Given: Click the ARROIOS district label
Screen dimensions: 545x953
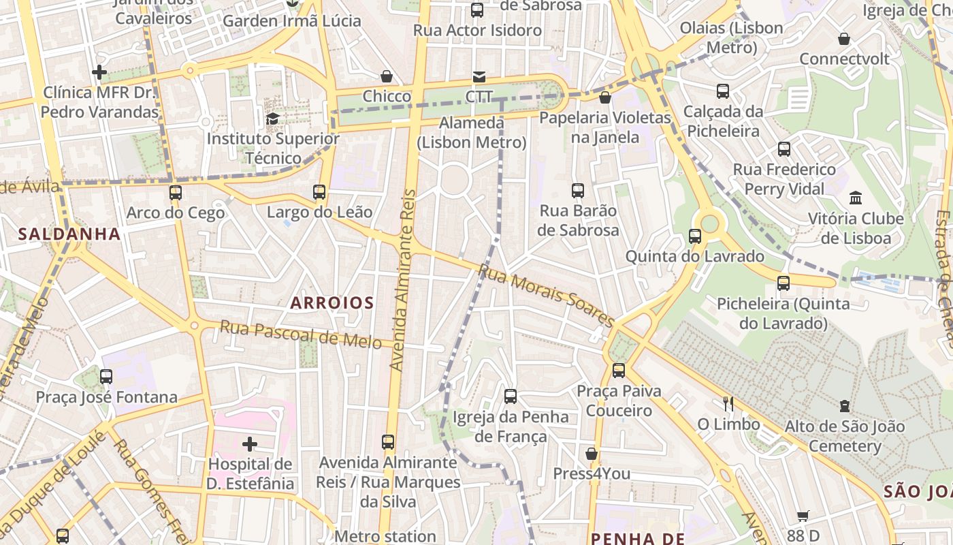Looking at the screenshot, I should pyautogui.click(x=332, y=302).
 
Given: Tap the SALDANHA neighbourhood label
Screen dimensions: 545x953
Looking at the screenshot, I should pyautogui.click(x=69, y=234).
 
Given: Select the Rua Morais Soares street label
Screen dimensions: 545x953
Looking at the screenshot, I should pyautogui.click(x=546, y=295).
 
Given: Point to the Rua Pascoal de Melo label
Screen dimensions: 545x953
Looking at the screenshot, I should pyautogui.click(x=300, y=334).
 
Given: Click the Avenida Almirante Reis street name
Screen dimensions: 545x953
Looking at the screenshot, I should pyautogui.click(x=402, y=280).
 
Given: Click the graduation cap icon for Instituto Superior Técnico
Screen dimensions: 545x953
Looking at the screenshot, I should pyautogui.click(x=272, y=119).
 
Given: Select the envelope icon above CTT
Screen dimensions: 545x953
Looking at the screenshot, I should pyautogui.click(x=479, y=77).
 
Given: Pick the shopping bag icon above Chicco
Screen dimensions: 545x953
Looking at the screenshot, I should pyautogui.click(x=387, y=76).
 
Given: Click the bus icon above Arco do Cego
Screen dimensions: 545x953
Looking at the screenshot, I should pyautogui.click(x=176, y=193).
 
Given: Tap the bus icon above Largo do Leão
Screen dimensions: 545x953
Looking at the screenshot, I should pyautogui.click(x=319, y=192).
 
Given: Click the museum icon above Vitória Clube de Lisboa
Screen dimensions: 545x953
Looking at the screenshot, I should pyautogui.click(x=856, y=198).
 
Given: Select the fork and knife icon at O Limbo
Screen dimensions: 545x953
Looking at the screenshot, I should pyautogui.click(x=728, y=404).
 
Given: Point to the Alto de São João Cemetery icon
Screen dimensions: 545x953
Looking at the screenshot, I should pyautogui.click(x=844, y=407).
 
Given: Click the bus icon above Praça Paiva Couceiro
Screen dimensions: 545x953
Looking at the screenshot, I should pyautogui.click(x=619, y=371).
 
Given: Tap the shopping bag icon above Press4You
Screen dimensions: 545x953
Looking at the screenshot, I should pyautogui.click(x=592, y=454).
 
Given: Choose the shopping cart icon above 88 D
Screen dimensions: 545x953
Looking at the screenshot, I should pyautogui.click(x=803, y=516).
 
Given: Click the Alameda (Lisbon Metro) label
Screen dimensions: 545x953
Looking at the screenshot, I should pyautogui.click(x=472, y=133).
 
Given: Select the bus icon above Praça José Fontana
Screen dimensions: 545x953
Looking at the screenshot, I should pyautogui.click(x=106, y=377).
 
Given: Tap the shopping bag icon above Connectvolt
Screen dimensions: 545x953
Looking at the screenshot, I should pyautogui.click(x=844, y=39).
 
